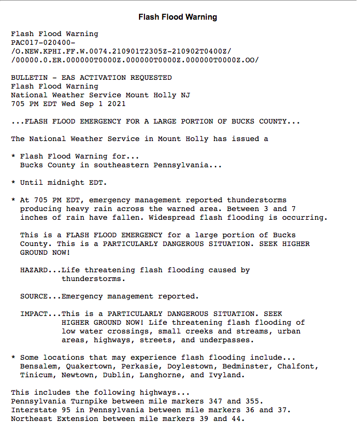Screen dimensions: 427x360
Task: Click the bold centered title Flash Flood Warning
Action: (x=178, y=17)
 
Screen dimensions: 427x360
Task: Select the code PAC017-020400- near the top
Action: (x=43, y=43)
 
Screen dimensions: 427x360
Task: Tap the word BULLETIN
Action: (x=30, y=78)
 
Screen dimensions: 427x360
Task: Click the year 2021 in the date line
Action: (x=117, y=104)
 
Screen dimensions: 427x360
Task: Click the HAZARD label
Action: (x=34, y=270)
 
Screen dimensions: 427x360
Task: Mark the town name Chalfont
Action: (x=298, y=366)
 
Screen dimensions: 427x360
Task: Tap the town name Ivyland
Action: (x=225, y=375)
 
